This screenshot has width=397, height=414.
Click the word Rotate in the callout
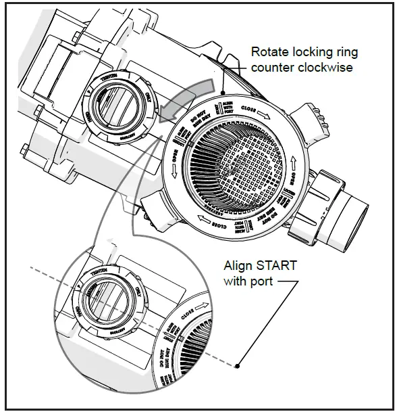267,51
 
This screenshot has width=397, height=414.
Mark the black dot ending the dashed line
238,366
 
